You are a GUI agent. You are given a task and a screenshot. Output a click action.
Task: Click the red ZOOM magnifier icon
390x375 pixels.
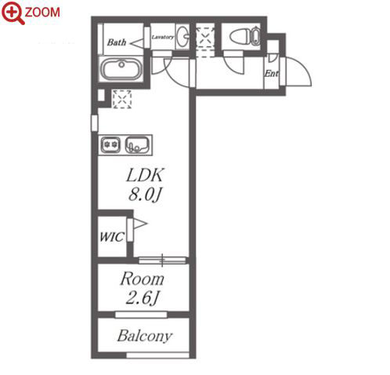coord(13,13)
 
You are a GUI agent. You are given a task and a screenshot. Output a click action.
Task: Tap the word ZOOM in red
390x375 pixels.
coord(42,13)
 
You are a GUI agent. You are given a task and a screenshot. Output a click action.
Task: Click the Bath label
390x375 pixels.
coord(117,42)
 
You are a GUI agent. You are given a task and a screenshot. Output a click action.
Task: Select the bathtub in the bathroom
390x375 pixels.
coord(121,68)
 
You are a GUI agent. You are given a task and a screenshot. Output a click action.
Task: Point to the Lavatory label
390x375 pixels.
coord(163,37)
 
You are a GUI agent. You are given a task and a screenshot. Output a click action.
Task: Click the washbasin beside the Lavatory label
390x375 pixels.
coord(182,37)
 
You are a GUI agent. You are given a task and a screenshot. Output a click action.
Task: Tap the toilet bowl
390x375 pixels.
coord(245,37)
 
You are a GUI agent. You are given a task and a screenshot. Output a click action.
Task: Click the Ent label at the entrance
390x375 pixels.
coord(272,74)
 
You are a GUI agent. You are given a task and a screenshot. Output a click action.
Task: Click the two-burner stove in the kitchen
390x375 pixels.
coord(110,144)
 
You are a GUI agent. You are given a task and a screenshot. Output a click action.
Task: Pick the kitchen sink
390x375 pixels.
coord(137,144)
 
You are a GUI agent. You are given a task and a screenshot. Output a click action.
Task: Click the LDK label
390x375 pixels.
coord(145,175)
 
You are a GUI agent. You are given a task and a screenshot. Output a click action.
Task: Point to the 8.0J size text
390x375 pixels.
coord(145,195)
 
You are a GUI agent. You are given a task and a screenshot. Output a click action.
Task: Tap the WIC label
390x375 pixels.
coord(112,237)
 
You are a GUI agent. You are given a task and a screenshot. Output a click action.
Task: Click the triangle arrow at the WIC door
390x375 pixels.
coord(140,224)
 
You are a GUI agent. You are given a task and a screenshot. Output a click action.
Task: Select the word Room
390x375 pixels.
coord(143,279)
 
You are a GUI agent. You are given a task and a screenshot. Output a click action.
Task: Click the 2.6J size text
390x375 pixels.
coord(143,298)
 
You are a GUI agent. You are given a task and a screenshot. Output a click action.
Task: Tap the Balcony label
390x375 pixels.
coord(145,336)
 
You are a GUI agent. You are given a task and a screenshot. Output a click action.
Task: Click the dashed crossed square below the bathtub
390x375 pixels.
coord(121,99)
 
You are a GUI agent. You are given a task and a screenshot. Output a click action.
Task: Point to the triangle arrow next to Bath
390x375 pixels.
coord(136,43)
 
